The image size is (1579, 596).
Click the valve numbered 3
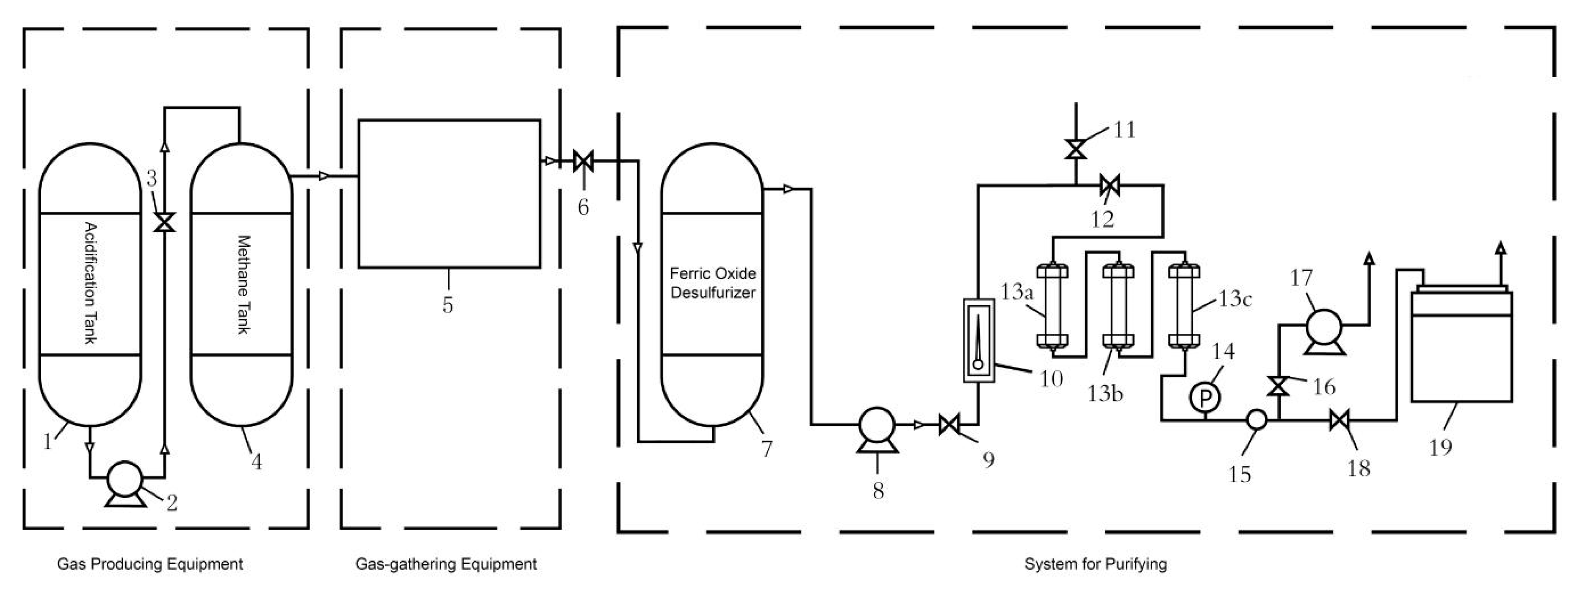click(164, 222)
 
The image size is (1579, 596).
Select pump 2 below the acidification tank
click(125, 479)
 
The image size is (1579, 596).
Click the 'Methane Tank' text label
click(244, 284)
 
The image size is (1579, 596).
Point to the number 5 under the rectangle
click(448, 304)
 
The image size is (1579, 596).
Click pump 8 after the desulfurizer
click(877, 425)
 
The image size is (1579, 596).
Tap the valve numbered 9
click(949, 424)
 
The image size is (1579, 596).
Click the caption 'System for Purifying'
click(1095, 563)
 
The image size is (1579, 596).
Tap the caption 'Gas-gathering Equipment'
click(446, 563)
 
